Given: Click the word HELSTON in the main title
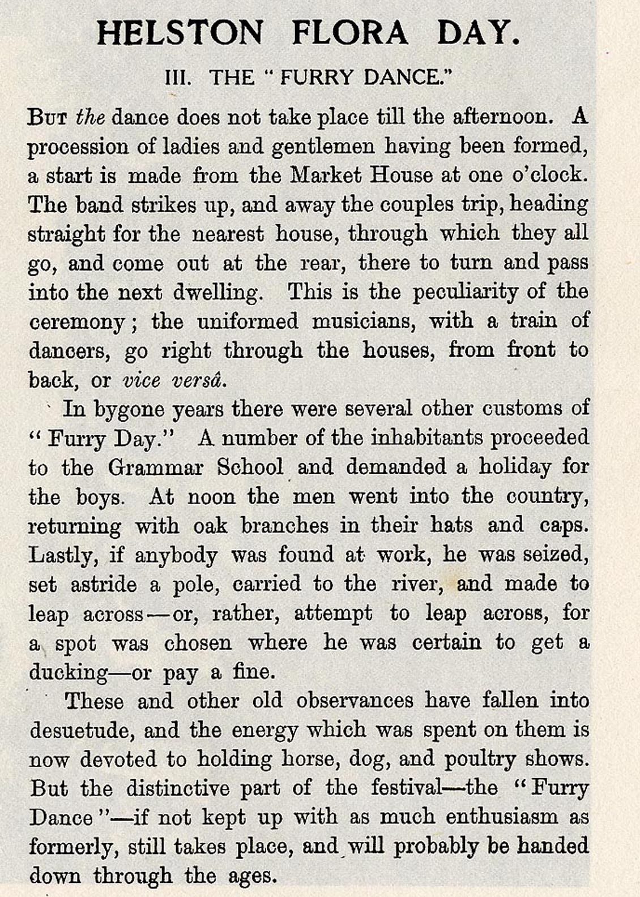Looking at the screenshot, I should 180,32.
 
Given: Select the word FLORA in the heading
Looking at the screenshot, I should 349,32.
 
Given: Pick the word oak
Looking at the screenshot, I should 210,526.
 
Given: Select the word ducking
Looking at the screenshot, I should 69,673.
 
